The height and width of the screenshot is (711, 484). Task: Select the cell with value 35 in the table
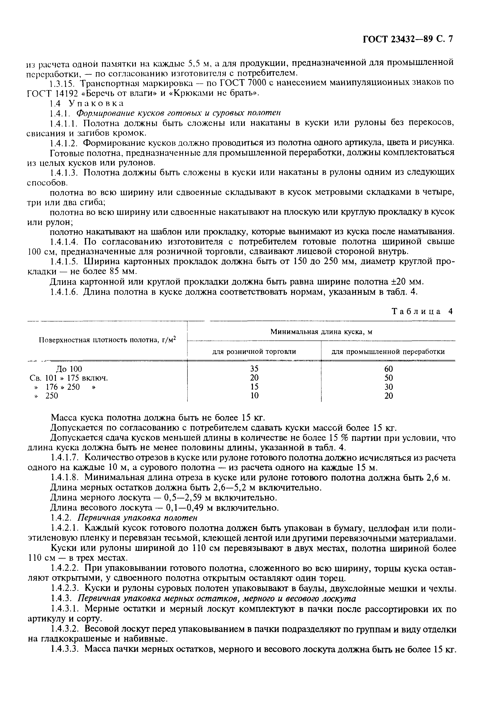click(x=254, y=369)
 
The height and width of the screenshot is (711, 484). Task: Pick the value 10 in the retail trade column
click(x=254, y=396)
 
